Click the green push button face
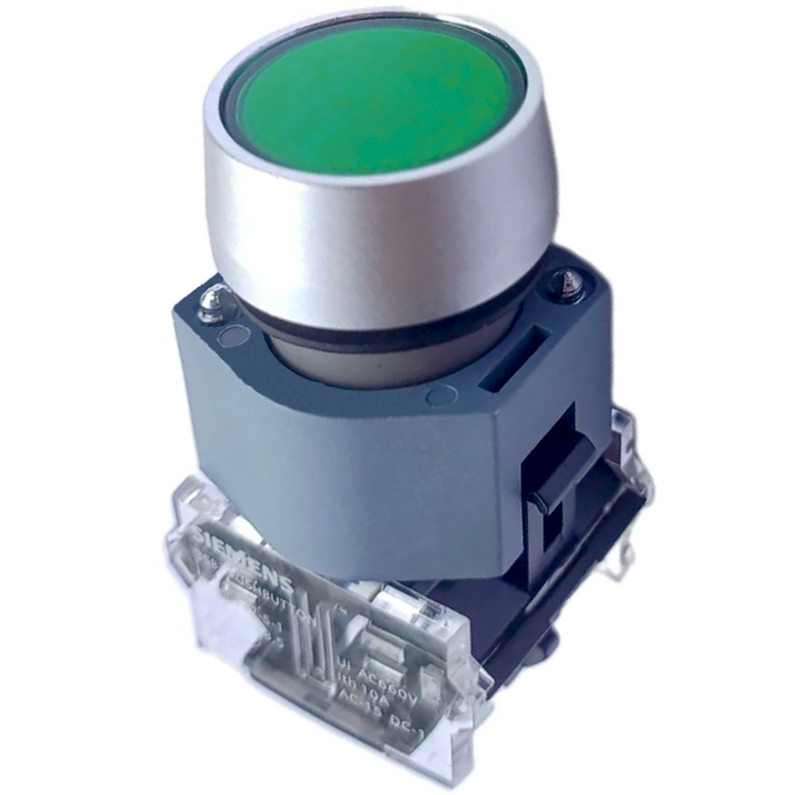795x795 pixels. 378,99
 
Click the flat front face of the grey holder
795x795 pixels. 344,477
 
